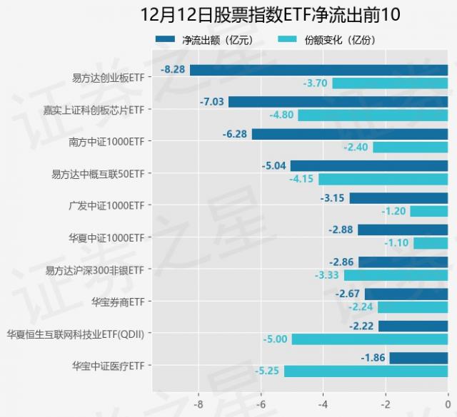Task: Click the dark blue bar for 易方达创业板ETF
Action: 318,70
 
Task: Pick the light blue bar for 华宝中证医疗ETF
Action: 366,371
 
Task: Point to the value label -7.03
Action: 211,102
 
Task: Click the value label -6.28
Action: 235,134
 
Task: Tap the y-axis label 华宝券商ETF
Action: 118,301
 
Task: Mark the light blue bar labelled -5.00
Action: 370,339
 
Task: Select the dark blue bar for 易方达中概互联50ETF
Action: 369,166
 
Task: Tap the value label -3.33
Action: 327,275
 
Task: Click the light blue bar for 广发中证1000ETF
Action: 428,211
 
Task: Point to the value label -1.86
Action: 373,358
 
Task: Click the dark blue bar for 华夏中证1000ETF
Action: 403,230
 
